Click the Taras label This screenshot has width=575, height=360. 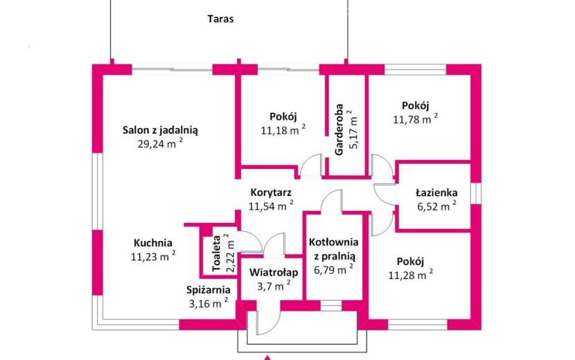(220, 19)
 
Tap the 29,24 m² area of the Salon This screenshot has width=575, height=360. (160, 143)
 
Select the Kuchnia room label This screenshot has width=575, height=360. (153, 243)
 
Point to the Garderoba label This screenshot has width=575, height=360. (339, 129)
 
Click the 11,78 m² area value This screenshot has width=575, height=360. (416, 119)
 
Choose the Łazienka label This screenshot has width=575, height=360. (436, 192)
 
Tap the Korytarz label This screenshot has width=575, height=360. (271, 192)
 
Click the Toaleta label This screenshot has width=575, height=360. (216, 253)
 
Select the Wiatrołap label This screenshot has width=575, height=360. (274, 272)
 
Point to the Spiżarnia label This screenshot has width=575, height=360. (209, 290)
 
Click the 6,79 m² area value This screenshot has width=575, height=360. (334, 269)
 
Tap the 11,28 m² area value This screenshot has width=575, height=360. (411, 275)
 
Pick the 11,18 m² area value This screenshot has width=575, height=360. (283, 129)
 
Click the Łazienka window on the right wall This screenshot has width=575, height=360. (476, 193)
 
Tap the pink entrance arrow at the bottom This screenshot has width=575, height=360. (268, 358)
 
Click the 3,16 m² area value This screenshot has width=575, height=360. (209, 303)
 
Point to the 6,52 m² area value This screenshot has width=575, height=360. (436, 206)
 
